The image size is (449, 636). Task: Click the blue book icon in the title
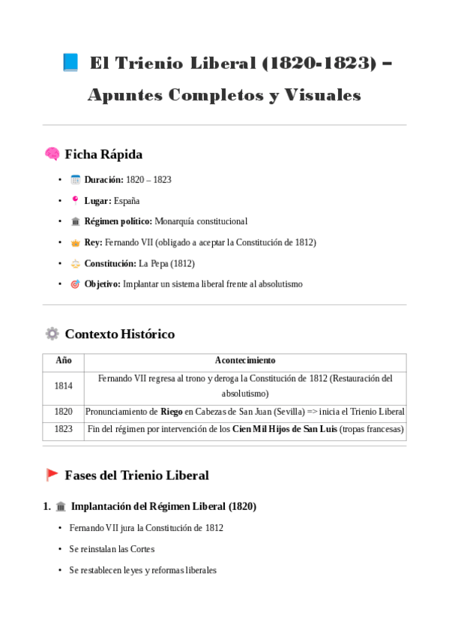pos(70,63)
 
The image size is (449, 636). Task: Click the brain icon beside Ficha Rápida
pos(52,154)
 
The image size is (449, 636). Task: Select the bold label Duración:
pos(103,180)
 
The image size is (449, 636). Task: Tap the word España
pos(127,201)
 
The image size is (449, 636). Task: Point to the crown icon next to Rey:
pos(75,243)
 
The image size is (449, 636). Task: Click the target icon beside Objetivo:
pos(75,285)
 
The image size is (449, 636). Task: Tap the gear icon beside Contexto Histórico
pos(52,334)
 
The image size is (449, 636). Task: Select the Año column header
pos(64,361)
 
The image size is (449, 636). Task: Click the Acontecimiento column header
pos(245,361)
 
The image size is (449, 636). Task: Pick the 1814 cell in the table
pos(64,386)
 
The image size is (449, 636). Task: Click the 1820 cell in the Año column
pos(64,412)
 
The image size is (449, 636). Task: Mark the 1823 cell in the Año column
pos(64,430)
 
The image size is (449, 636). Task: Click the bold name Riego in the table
pos(172,412)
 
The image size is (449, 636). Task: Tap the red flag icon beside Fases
pos(52,475)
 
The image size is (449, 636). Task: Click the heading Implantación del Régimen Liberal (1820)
pos(163,507)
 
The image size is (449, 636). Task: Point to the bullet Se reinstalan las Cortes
pos(112,549)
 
